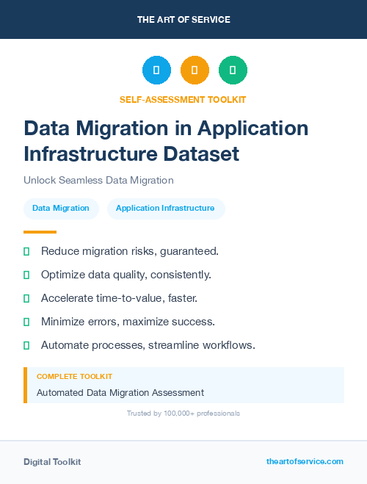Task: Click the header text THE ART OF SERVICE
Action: coord(183,20)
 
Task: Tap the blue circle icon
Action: coord(156,71)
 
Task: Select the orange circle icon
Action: coord(195,71)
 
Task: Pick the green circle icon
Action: coord(233,71)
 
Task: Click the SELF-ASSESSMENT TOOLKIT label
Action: coord(183,99)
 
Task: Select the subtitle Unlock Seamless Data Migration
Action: coord(98,180)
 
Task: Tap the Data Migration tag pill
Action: coord(61,209)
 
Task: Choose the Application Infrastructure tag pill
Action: coord(165,209)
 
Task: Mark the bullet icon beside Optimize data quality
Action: coord(26,275)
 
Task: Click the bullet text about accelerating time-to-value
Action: coord(120,298)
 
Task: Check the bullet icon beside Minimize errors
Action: coord(26,322)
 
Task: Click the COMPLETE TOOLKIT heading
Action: coord(74,376)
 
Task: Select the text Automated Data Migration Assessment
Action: coord(120,393)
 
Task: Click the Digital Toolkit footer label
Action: coord(52,461)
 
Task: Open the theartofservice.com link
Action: coord(305,461)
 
